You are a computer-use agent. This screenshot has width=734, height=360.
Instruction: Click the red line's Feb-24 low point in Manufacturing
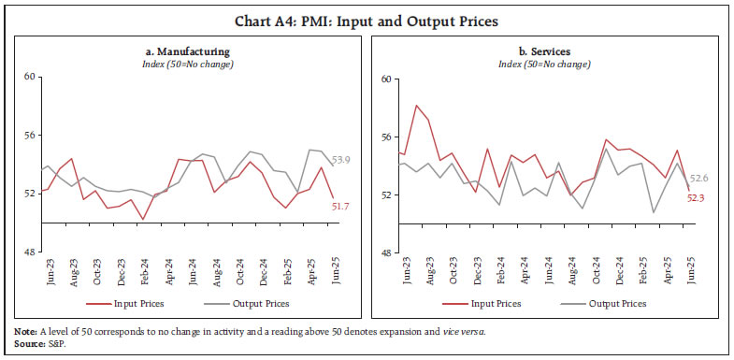143,220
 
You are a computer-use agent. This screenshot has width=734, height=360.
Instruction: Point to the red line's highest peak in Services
416,106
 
